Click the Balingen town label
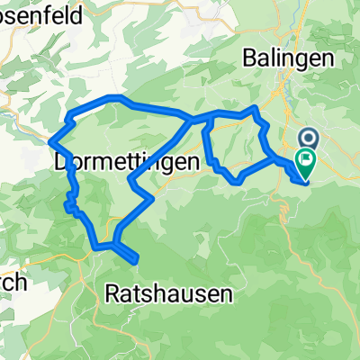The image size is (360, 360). pyautogui.click(x=289, y=58)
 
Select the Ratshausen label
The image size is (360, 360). pyautogui.click(x=169, y=293)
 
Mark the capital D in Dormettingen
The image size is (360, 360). pyautogui.click(x=62, y=163)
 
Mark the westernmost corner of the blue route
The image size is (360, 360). pyautogui.click(x=50, y=139)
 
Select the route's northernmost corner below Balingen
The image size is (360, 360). pyautogui.click(x=256, y=108)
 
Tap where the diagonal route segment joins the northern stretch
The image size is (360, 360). pyautogui.click(x=190, y=118)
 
